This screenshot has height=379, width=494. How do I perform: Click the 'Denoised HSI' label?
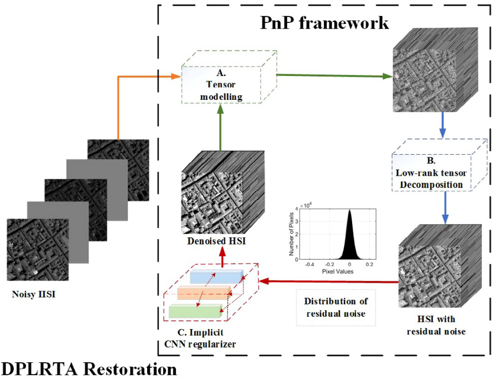pyautogui.click(x=213, y=243)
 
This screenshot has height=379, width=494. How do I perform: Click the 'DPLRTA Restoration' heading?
pyautogui.click(x=89, y=369)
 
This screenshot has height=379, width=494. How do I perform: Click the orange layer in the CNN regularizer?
pyautogui.click(x=203, y=293)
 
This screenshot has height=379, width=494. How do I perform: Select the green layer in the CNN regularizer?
pyautogui.click(x=194, y=311)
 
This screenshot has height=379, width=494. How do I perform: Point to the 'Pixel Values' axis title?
pyautogui.click(x=336, y=272)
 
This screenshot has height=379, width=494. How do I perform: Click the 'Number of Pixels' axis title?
pyautogui.click(x=291, y=235)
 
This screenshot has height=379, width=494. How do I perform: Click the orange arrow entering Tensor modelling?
pyautogui.click(x=133, y=77)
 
